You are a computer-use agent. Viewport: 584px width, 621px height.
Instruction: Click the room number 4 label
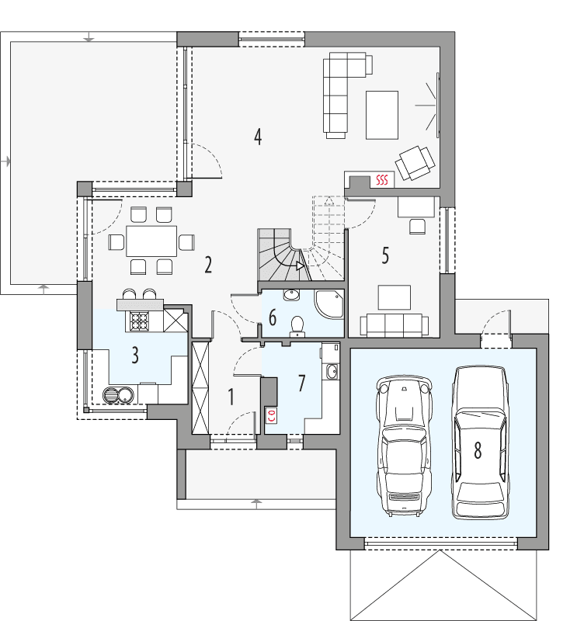pyautogui.click(x=257, y=137)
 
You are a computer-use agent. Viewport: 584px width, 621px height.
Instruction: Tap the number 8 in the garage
pyautogui.click(x=478, y=449)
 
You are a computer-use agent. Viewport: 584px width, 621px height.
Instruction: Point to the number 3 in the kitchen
pyautogui.click(x=135, y=356)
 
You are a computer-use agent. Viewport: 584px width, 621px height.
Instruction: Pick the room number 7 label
pyautogui.click(x=301, y=383)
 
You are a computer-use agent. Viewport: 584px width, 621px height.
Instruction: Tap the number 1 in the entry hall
pyautogui.click(x=231, y=397)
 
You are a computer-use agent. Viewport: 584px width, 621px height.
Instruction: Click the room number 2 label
pyautogui.click(x=208, y=265)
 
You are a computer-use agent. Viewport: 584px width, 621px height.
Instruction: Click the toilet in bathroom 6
pyautogui.click(x=295, y=324)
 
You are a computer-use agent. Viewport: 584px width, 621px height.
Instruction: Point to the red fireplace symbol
pyautogui.click(x=381, y=180)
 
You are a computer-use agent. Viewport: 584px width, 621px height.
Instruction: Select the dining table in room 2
pyautogui.click(x=151, y=241)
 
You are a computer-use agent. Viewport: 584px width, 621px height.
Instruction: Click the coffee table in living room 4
pyautogui.click(x=382, y=114)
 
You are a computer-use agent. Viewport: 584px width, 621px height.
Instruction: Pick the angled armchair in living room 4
pyautogui.click(x=415, y=161)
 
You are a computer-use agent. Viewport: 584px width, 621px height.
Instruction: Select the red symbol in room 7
pyautogui.click(x=272, y=415)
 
